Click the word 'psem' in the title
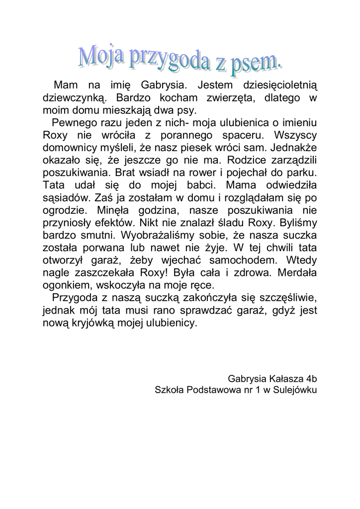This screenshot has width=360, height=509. [254, 62]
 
